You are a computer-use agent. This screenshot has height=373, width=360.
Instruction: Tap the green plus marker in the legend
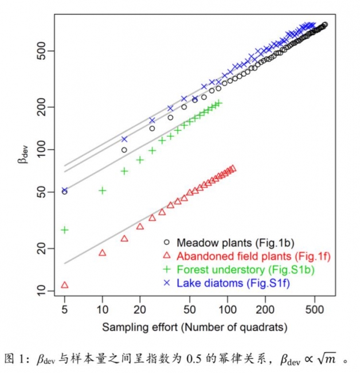(166, 269)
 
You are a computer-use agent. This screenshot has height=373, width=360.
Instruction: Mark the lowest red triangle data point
(64, 285)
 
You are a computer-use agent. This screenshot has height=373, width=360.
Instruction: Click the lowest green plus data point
(65, 230)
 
